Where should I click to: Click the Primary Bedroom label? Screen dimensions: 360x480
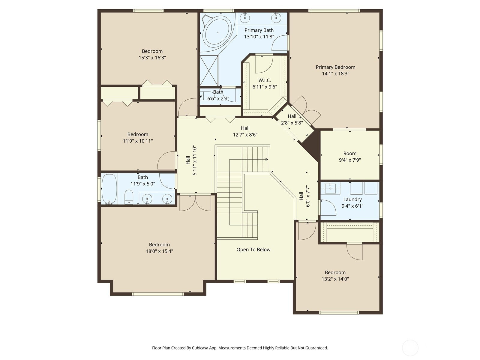(335, 67)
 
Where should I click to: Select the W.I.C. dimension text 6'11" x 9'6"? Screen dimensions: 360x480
(265, 87)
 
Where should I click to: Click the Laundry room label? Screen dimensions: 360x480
(352, 199)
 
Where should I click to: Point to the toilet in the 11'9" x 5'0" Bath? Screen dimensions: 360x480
(129, 197)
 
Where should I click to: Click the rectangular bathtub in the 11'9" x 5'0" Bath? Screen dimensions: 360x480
(109, 189)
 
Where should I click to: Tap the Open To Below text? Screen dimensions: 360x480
(253, 250)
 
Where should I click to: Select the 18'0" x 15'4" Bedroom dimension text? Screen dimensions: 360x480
(159, 251)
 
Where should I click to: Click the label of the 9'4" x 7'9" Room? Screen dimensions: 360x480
(350, 153)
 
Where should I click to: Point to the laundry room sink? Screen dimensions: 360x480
(330, 188)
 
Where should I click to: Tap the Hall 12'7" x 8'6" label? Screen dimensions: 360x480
(245, 128)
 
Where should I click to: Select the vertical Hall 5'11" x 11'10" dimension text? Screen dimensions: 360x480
(195, 160)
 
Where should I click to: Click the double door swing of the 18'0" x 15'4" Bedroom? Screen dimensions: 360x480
(195, 203)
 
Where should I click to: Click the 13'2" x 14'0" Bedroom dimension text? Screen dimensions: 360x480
(335, 279)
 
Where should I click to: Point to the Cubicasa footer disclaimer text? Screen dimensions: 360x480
(240, 348)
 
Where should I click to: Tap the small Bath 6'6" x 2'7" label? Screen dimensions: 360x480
(218, 92)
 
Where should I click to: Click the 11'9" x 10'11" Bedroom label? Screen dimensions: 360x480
(138, 134)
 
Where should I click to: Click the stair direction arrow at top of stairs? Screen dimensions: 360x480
(266, 159)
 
